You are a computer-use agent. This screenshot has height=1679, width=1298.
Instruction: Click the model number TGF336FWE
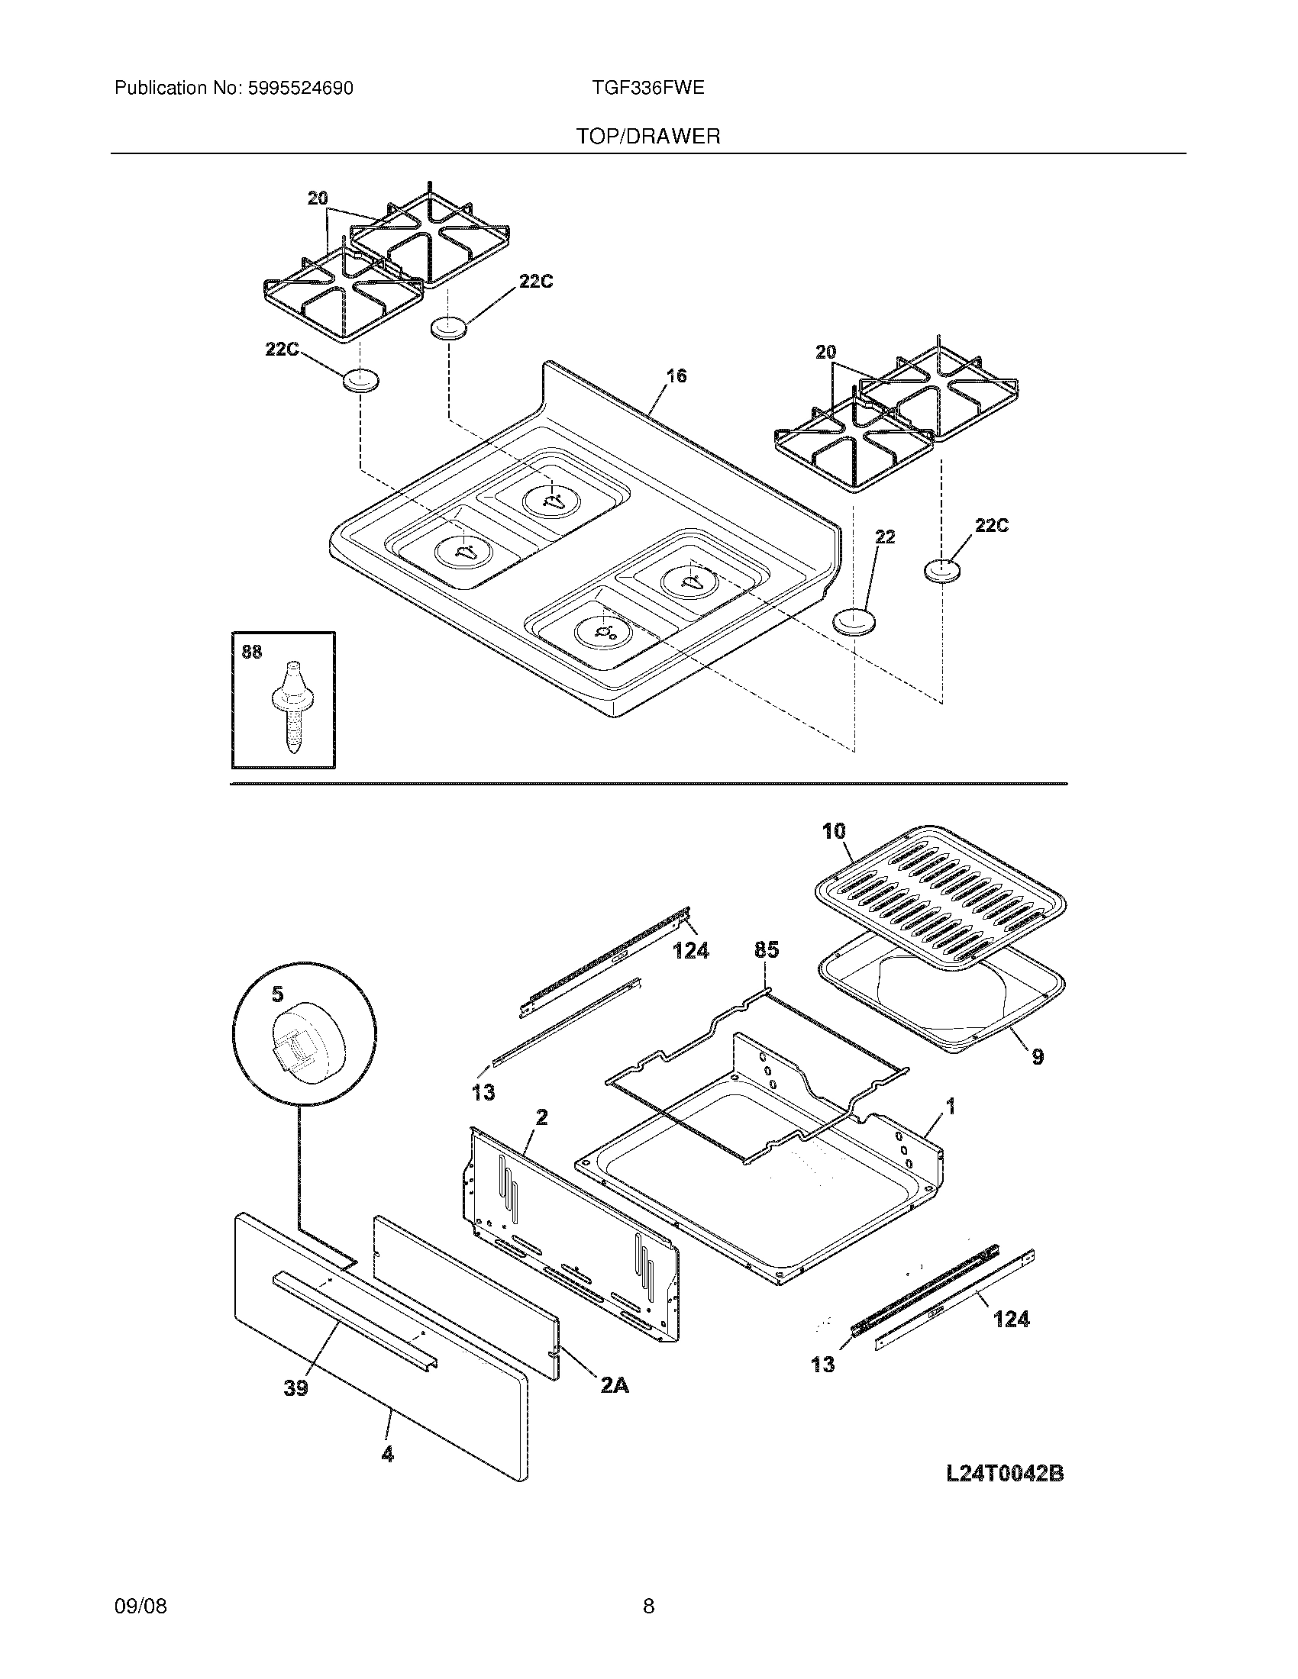coord(647,88)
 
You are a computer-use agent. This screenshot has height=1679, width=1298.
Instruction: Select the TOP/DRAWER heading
coord(648,137)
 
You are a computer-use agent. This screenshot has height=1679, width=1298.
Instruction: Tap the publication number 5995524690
coord(300,89)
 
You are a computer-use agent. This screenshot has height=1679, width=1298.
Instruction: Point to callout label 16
coord(676,376)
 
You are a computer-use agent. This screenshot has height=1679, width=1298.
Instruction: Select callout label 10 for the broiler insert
coord(834,831)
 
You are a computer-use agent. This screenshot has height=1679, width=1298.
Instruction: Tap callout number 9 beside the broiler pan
coord(1038,1057)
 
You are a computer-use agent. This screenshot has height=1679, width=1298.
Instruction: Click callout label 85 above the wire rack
coord(766,950)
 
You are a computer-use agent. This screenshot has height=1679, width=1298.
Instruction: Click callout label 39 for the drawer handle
coord(296,1387)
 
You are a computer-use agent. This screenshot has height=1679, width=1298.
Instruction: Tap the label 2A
coord(614,1385)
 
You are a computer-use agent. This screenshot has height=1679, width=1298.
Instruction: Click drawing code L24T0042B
coord(1004,1474)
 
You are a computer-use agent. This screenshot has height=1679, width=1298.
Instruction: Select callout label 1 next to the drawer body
coord(951,1107)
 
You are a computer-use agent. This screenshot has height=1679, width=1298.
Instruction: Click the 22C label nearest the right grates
coord(991,526)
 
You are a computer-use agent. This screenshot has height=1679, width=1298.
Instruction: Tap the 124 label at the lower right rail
coord(1011,1320)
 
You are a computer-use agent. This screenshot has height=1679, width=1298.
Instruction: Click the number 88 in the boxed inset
coord(251,652)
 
